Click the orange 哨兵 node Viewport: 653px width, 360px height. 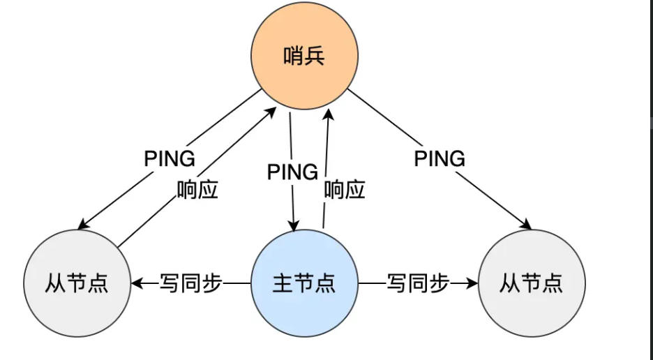click(304, 56)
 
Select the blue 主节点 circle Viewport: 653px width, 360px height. click(304, 283)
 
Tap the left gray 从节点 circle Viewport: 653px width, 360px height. click(77, 283)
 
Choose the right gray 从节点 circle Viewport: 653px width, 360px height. click(532, 283)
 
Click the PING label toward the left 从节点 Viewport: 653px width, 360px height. click(170, 159)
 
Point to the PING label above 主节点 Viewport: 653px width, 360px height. click(292, 172)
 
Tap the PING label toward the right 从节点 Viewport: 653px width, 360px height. click(440, 159)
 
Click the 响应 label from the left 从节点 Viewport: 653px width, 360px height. click(198, 190)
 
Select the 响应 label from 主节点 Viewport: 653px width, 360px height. click(345, 190)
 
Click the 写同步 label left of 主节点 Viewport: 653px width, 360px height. click(190, 283)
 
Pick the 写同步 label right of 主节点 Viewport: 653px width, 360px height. click(418, 283)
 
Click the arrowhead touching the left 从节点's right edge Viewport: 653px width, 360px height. click(137, 283)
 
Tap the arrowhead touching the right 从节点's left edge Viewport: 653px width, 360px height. click(472, 283)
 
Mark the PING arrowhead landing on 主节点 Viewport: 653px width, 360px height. click(294, 225)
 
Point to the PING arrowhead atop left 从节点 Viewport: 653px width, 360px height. click(83, 224)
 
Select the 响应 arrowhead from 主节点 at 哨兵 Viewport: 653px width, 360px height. click(329, 114)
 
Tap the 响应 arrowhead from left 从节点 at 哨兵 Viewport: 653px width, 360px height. click(271, 112)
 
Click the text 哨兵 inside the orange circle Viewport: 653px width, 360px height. click(304, 56)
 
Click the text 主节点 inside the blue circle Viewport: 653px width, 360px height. click(304, 283)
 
